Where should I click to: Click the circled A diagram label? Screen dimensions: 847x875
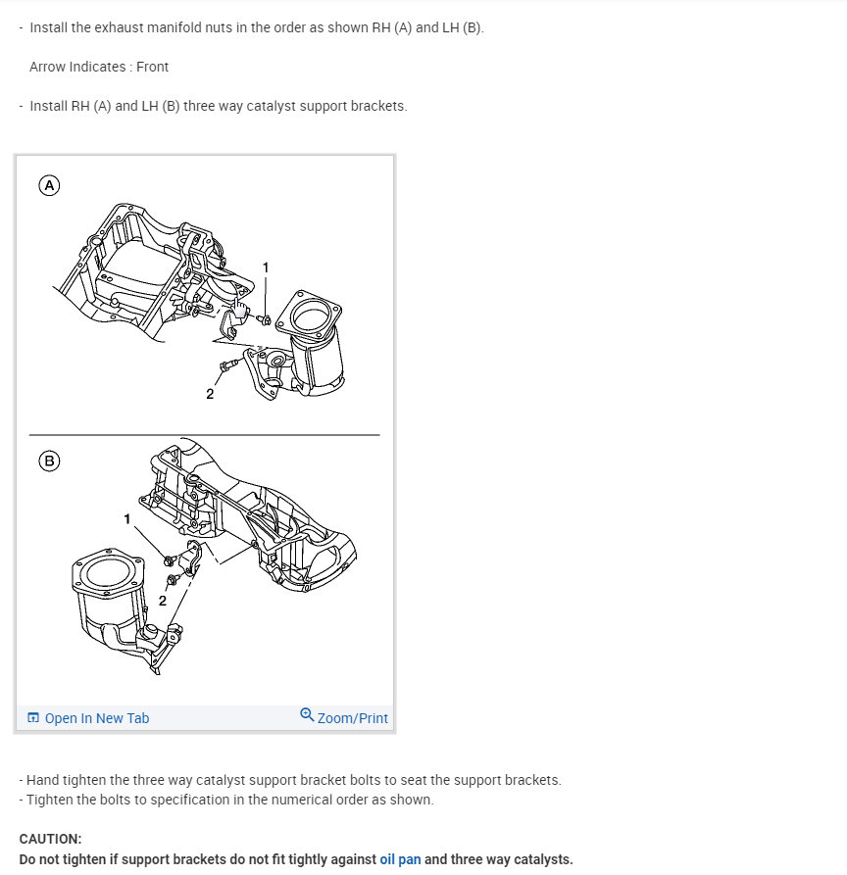[x=49, y=185]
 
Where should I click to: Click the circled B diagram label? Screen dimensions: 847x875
[x=49, y=461]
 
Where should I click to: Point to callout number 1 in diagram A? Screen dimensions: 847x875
[x=266, y=267]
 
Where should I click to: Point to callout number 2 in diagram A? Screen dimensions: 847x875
[x=210, y=394]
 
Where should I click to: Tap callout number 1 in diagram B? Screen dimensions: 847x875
[x=126, y=519]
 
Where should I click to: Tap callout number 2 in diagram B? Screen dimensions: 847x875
[x=163, y=601]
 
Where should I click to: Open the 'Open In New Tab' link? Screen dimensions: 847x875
[x=97, y=718]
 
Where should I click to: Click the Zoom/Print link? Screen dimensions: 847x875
[x=352, y=718]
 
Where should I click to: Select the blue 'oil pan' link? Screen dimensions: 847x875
[x=400, y=859]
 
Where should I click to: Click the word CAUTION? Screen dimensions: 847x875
[x=50, y=839]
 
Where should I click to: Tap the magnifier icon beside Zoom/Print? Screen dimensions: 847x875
[x=307, y=715]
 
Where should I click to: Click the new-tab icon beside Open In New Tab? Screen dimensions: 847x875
[x=33, y=717]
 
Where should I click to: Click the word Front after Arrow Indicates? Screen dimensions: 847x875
[x=152, y=67]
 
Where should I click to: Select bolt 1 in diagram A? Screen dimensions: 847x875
[x=264, y=319]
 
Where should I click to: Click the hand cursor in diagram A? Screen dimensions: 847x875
[x=239, y=308]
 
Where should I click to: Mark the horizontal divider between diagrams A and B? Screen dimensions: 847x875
[x=204, y=434]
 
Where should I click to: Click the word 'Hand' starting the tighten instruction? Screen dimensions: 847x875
[x=42, y=780]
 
